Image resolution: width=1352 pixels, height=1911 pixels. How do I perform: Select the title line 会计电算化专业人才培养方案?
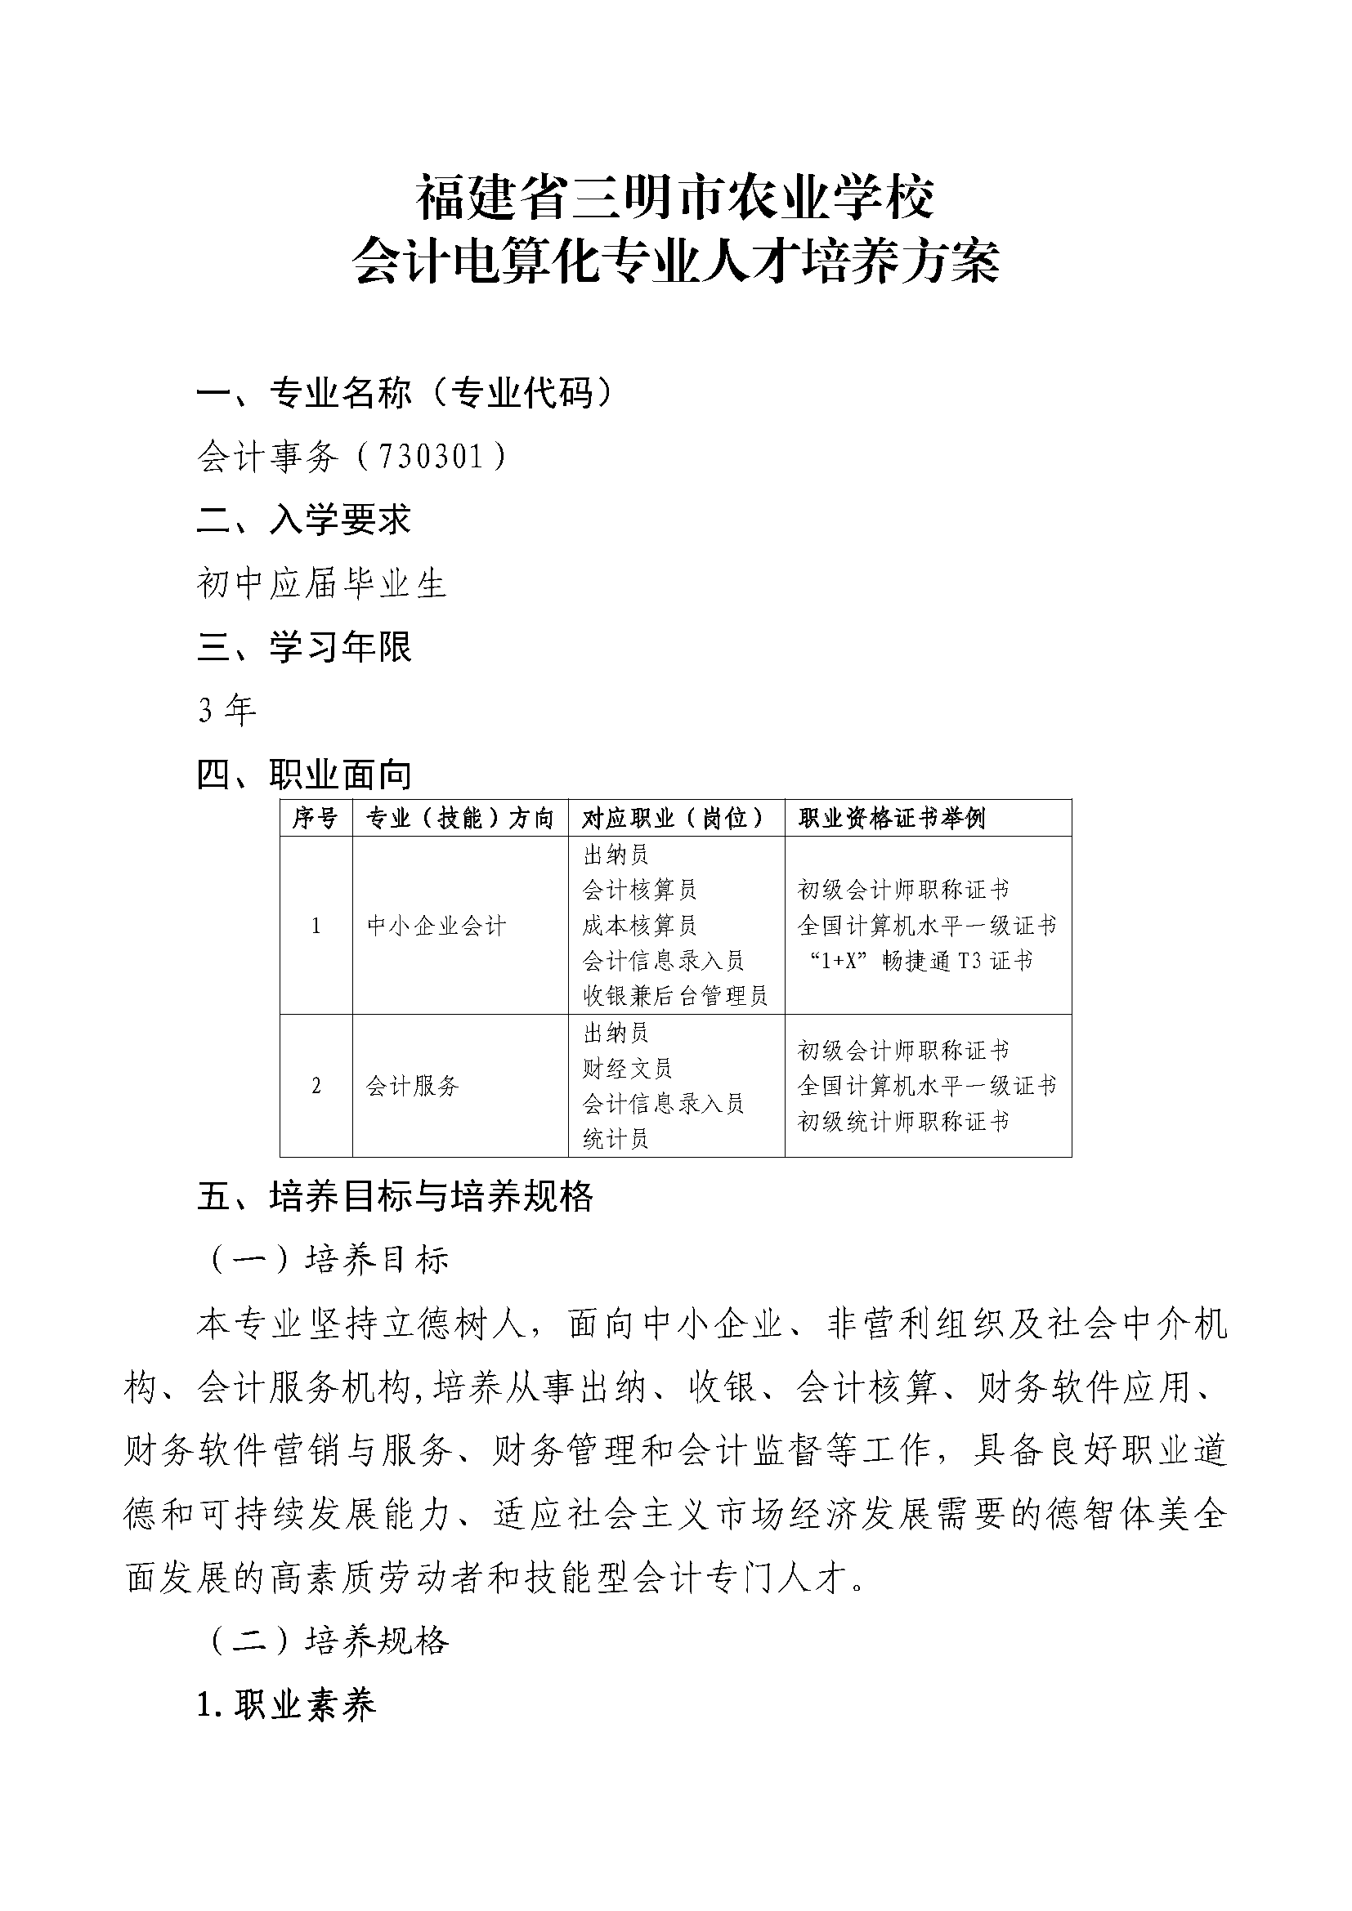pos(675,261)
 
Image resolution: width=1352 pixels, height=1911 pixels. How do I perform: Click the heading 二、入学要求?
pos(305,520)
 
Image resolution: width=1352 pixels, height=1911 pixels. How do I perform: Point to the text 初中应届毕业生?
pos(322,583)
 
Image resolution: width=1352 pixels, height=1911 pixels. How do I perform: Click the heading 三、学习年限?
pos(305,647)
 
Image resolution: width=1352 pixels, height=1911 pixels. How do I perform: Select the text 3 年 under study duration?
pos(227,710)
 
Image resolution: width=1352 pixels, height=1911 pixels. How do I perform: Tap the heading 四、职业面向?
pos(305,775)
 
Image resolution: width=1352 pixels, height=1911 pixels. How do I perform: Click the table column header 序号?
pos(316,818)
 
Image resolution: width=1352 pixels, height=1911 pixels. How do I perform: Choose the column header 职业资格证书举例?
pos(892,818)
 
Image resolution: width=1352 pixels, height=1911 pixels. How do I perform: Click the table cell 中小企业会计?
pos(436,926)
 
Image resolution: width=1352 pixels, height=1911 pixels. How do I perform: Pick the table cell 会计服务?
pos(413,1085)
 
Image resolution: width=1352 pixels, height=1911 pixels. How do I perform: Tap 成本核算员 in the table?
pos(639,926)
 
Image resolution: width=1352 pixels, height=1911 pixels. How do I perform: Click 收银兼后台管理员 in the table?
pos(675,995)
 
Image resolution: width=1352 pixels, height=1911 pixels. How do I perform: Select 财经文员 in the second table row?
pos(627,1068)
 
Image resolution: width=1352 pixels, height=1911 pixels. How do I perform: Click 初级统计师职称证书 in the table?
pos(903,1121)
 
